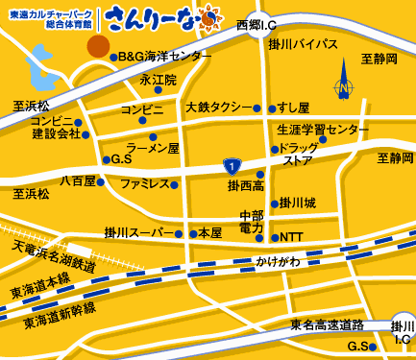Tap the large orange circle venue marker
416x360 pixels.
[x=98, y=45]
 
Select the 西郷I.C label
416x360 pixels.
[x=257, y=23]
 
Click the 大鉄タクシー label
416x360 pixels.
[x=216, y=107]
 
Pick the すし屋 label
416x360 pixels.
[x=293, y=107]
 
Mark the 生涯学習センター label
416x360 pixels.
[x=322, y=129]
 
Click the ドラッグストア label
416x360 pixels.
[x=298, y=155]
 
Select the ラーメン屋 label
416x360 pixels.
[x=154, y=149]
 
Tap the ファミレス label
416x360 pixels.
[x=144, y=182]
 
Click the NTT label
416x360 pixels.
[x=292, y=236]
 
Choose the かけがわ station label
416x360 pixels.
[x=278, y=261]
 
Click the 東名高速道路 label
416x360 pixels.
[x=328, y=325]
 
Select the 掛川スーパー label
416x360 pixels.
[x=138, y=233]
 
